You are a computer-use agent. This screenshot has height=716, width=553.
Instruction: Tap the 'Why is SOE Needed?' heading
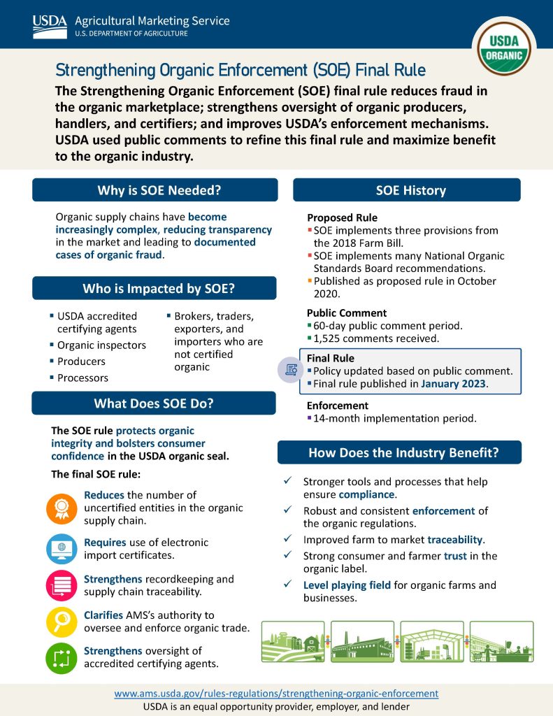155,190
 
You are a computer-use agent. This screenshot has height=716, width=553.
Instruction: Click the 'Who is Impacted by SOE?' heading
155,288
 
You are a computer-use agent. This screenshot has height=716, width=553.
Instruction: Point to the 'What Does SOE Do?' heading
154,403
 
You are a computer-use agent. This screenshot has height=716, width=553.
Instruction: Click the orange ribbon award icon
62,508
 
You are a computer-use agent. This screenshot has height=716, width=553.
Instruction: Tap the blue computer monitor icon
62,549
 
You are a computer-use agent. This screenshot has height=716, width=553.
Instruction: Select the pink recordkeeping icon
62,586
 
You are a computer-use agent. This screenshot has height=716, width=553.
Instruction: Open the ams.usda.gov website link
276,694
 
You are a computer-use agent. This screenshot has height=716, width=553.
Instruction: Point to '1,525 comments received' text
376,338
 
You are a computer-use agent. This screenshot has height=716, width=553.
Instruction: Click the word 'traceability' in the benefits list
455,540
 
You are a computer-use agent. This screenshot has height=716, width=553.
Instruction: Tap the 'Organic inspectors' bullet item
101,345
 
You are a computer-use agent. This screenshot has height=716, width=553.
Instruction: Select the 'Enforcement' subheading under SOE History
337,406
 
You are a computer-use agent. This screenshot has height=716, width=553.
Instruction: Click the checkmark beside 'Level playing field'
287,585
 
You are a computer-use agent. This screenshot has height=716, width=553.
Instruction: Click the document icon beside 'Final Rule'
289,370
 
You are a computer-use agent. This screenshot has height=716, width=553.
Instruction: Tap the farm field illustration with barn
292,641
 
